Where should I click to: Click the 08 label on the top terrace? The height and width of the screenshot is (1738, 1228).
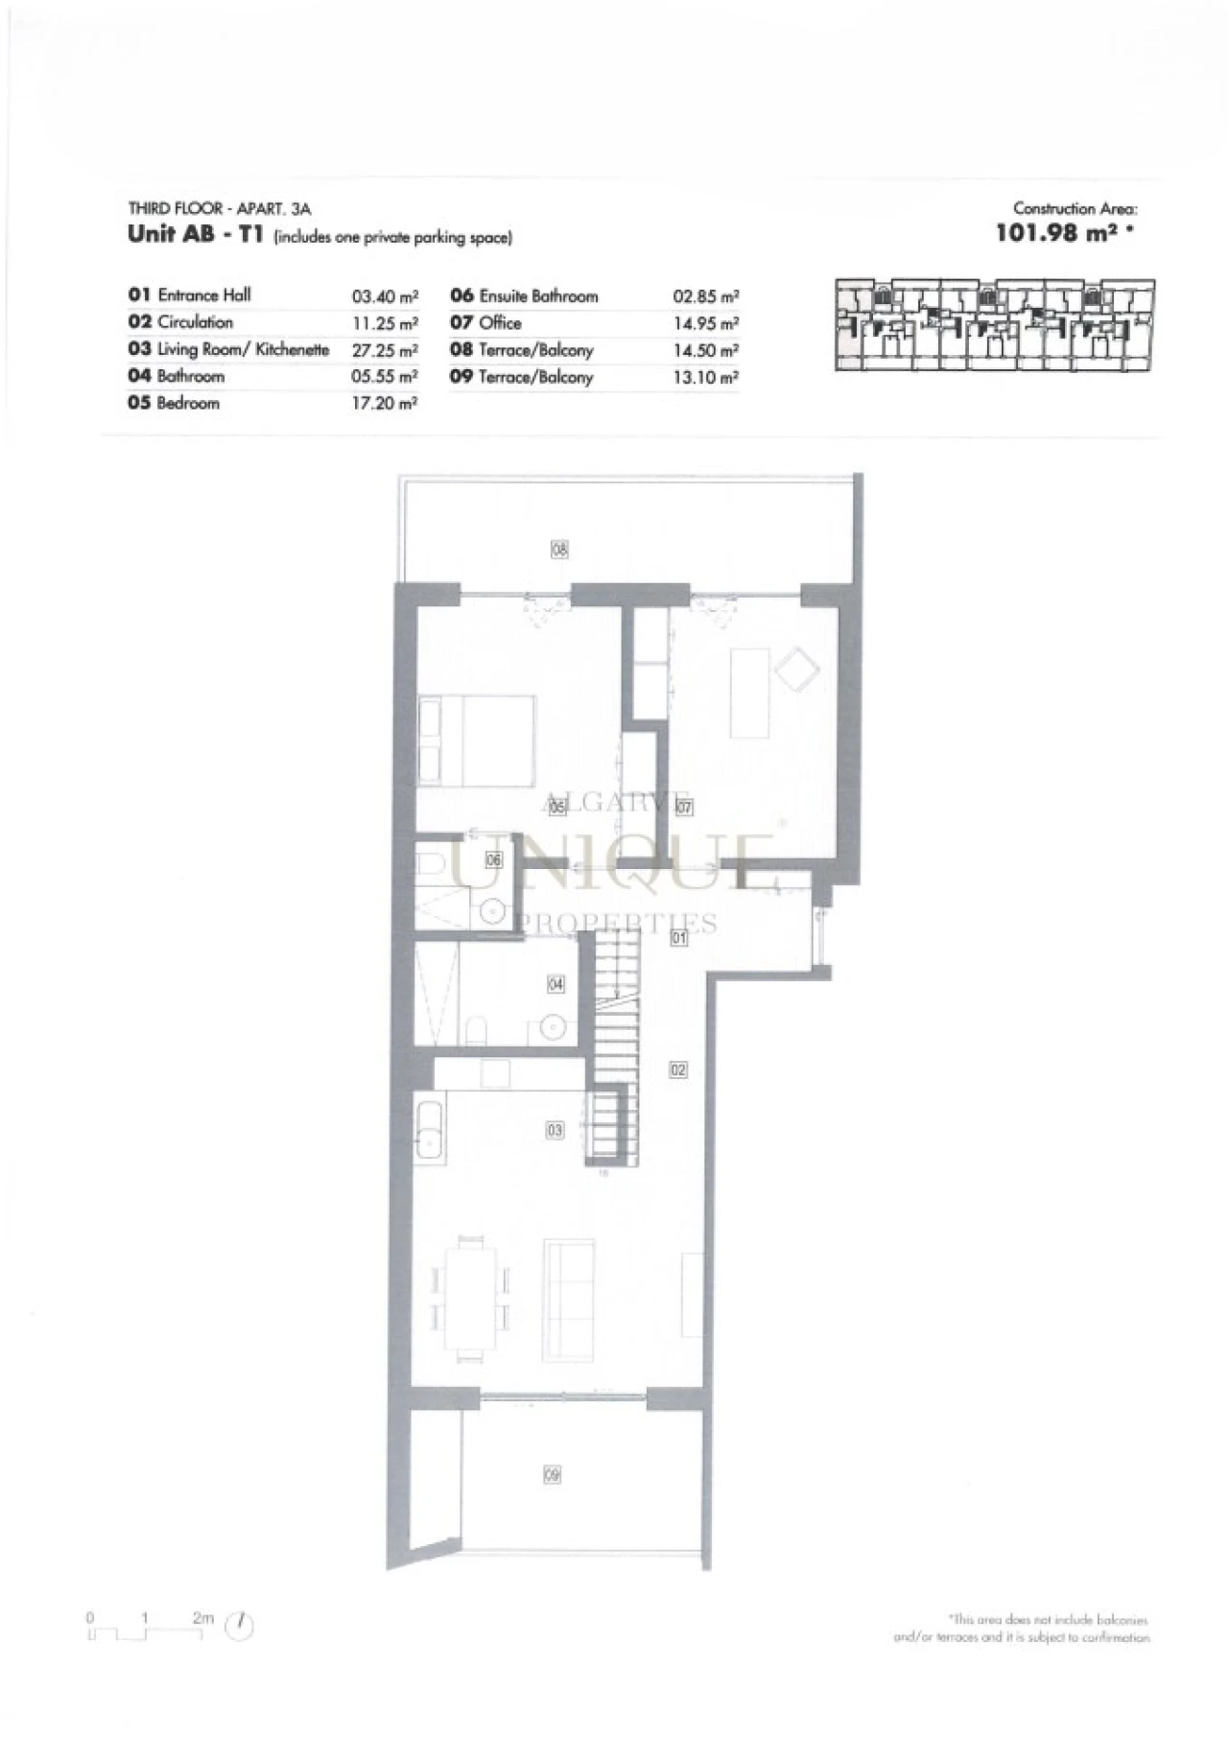(559, 550)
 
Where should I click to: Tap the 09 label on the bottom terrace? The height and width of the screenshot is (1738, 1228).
(552, 1474)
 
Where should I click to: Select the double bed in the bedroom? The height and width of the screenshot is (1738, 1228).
(477, 741)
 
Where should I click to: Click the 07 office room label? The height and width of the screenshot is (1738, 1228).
(683, 808)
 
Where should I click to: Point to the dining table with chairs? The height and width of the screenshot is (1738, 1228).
(470, 1299)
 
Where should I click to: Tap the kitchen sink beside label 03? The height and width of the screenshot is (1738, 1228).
(429, 1132)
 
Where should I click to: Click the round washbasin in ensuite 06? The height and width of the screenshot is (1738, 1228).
(493, 909)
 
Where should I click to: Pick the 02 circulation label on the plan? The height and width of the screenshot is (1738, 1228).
(678, 1069)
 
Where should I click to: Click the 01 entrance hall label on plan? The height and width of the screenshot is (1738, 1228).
(678, 937)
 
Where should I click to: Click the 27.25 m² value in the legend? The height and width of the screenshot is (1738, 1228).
(384, 351)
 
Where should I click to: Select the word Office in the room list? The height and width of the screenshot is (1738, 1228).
(500, 323)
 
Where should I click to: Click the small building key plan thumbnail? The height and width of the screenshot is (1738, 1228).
(994, 325)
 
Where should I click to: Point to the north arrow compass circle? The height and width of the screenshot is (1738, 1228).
(240, 1625)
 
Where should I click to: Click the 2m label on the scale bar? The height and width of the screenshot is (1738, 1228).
(202, 1617)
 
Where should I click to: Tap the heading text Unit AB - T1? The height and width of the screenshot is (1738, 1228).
(196, 235)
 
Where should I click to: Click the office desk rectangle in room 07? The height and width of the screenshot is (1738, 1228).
(750, 693)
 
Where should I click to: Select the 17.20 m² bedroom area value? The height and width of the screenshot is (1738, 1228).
(384, 404)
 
